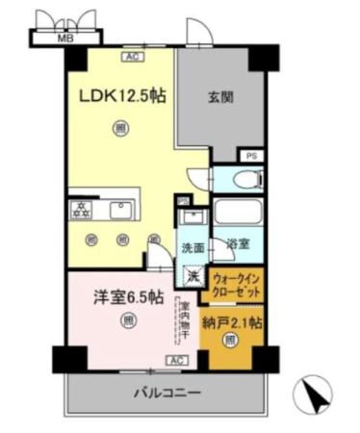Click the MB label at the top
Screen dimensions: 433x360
pyautogui.click(x=66, y=38)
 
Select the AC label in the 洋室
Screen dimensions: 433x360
pyautogui.click(x=176, y=360)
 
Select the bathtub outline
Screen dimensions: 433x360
pyautogui.click(x=237, y=212)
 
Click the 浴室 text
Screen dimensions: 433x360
pyautogui.click(x=239, y=245)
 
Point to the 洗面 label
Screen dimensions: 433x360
pyautogui.click(x=193, y=246)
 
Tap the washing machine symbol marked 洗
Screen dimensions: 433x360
pyautogui.click(x=193, y=276)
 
